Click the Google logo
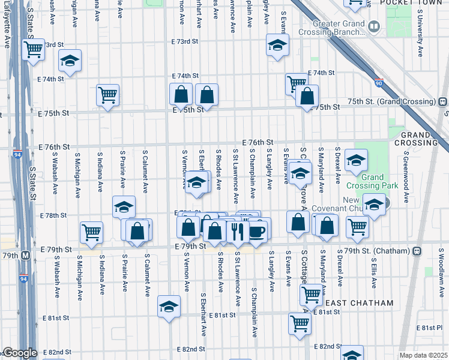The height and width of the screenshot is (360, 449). pyautogui.click(x=20, y=353)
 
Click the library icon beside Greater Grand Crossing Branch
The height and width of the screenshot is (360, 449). pyautogui.click(x=375, y=27)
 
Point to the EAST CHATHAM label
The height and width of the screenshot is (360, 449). pyautogui.click(x=359, y=303)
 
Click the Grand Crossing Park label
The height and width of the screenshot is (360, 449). pyautogui.click(x=381, y=182)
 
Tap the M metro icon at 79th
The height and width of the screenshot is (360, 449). pyautogui.click(x=25, y=255)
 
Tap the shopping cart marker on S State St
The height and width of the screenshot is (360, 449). pyautogui.click(x=32, y=49)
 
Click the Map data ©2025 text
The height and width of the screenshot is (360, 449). pyautogui.click(x=423, y=355)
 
